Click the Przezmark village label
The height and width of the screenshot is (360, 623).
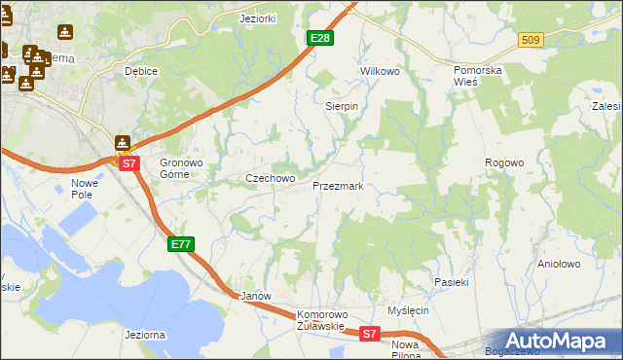pos(338,186)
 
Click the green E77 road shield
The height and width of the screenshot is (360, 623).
pos(181,244)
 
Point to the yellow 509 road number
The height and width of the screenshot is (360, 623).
pos(530,40)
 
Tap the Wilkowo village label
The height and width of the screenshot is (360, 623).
pos(381,72)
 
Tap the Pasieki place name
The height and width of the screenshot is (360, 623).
pos(452,282)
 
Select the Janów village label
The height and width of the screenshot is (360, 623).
pos(254,295)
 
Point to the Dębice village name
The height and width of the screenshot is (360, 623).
pos(141,72)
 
